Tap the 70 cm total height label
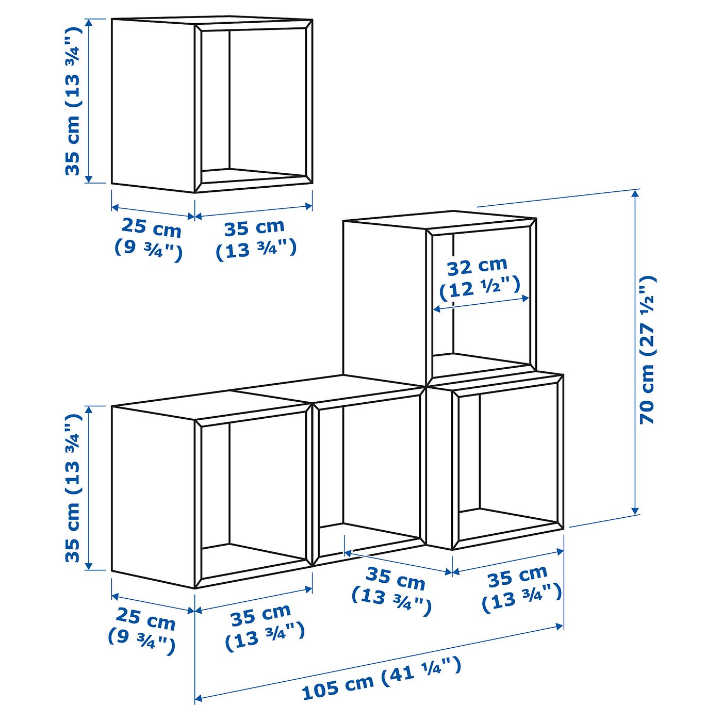click(647, 395)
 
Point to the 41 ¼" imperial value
click(421, 670)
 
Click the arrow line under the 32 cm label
click(481, 303)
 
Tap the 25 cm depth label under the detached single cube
click(151, 227)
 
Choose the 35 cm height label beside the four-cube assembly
click(73, 531)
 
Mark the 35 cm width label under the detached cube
click(254, 227)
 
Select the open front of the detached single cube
click(255, 103)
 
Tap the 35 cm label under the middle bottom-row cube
click(396, 580)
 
